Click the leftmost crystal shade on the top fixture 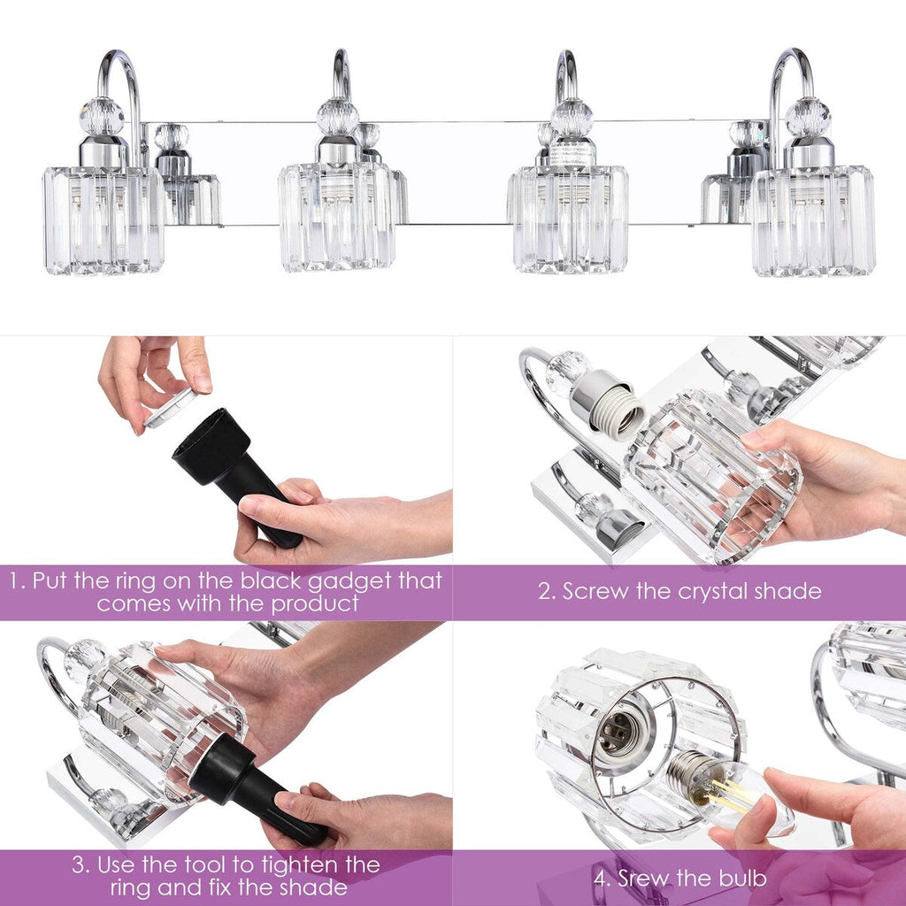102,219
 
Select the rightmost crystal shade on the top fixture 813,220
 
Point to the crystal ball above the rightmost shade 808,117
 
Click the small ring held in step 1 171,408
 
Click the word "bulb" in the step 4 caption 741,879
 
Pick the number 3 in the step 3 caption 80,864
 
